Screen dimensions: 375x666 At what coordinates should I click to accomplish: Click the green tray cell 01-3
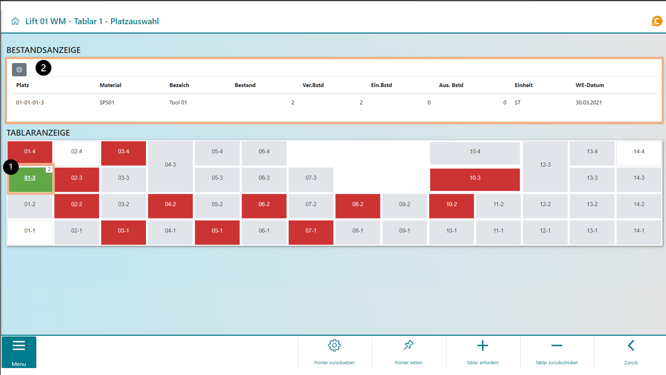tap(30, 179)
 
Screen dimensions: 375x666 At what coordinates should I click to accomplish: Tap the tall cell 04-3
tap(170, 165)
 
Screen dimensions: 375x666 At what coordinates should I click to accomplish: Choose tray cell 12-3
tap(545, 165)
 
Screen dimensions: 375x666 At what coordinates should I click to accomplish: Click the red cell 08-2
tap(358, 205)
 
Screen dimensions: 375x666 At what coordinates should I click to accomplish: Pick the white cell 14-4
tap(639, 152)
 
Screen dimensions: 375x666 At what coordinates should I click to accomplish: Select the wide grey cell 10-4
tap(475, 152)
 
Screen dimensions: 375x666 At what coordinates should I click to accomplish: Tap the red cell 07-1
tap(311, 231)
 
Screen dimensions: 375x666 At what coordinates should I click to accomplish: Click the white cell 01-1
tap(30, 231)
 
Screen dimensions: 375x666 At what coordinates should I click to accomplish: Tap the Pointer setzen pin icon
tap(408, 346)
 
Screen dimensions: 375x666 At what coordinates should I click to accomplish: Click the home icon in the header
tap(15, 21)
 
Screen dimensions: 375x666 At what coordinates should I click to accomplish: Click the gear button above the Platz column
tap(19, 70)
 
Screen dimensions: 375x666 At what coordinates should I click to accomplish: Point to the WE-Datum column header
tap(589, 85)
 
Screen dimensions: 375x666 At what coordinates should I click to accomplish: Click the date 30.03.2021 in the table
tap(589, 103)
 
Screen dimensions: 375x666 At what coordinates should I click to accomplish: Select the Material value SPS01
tap(107, 103)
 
